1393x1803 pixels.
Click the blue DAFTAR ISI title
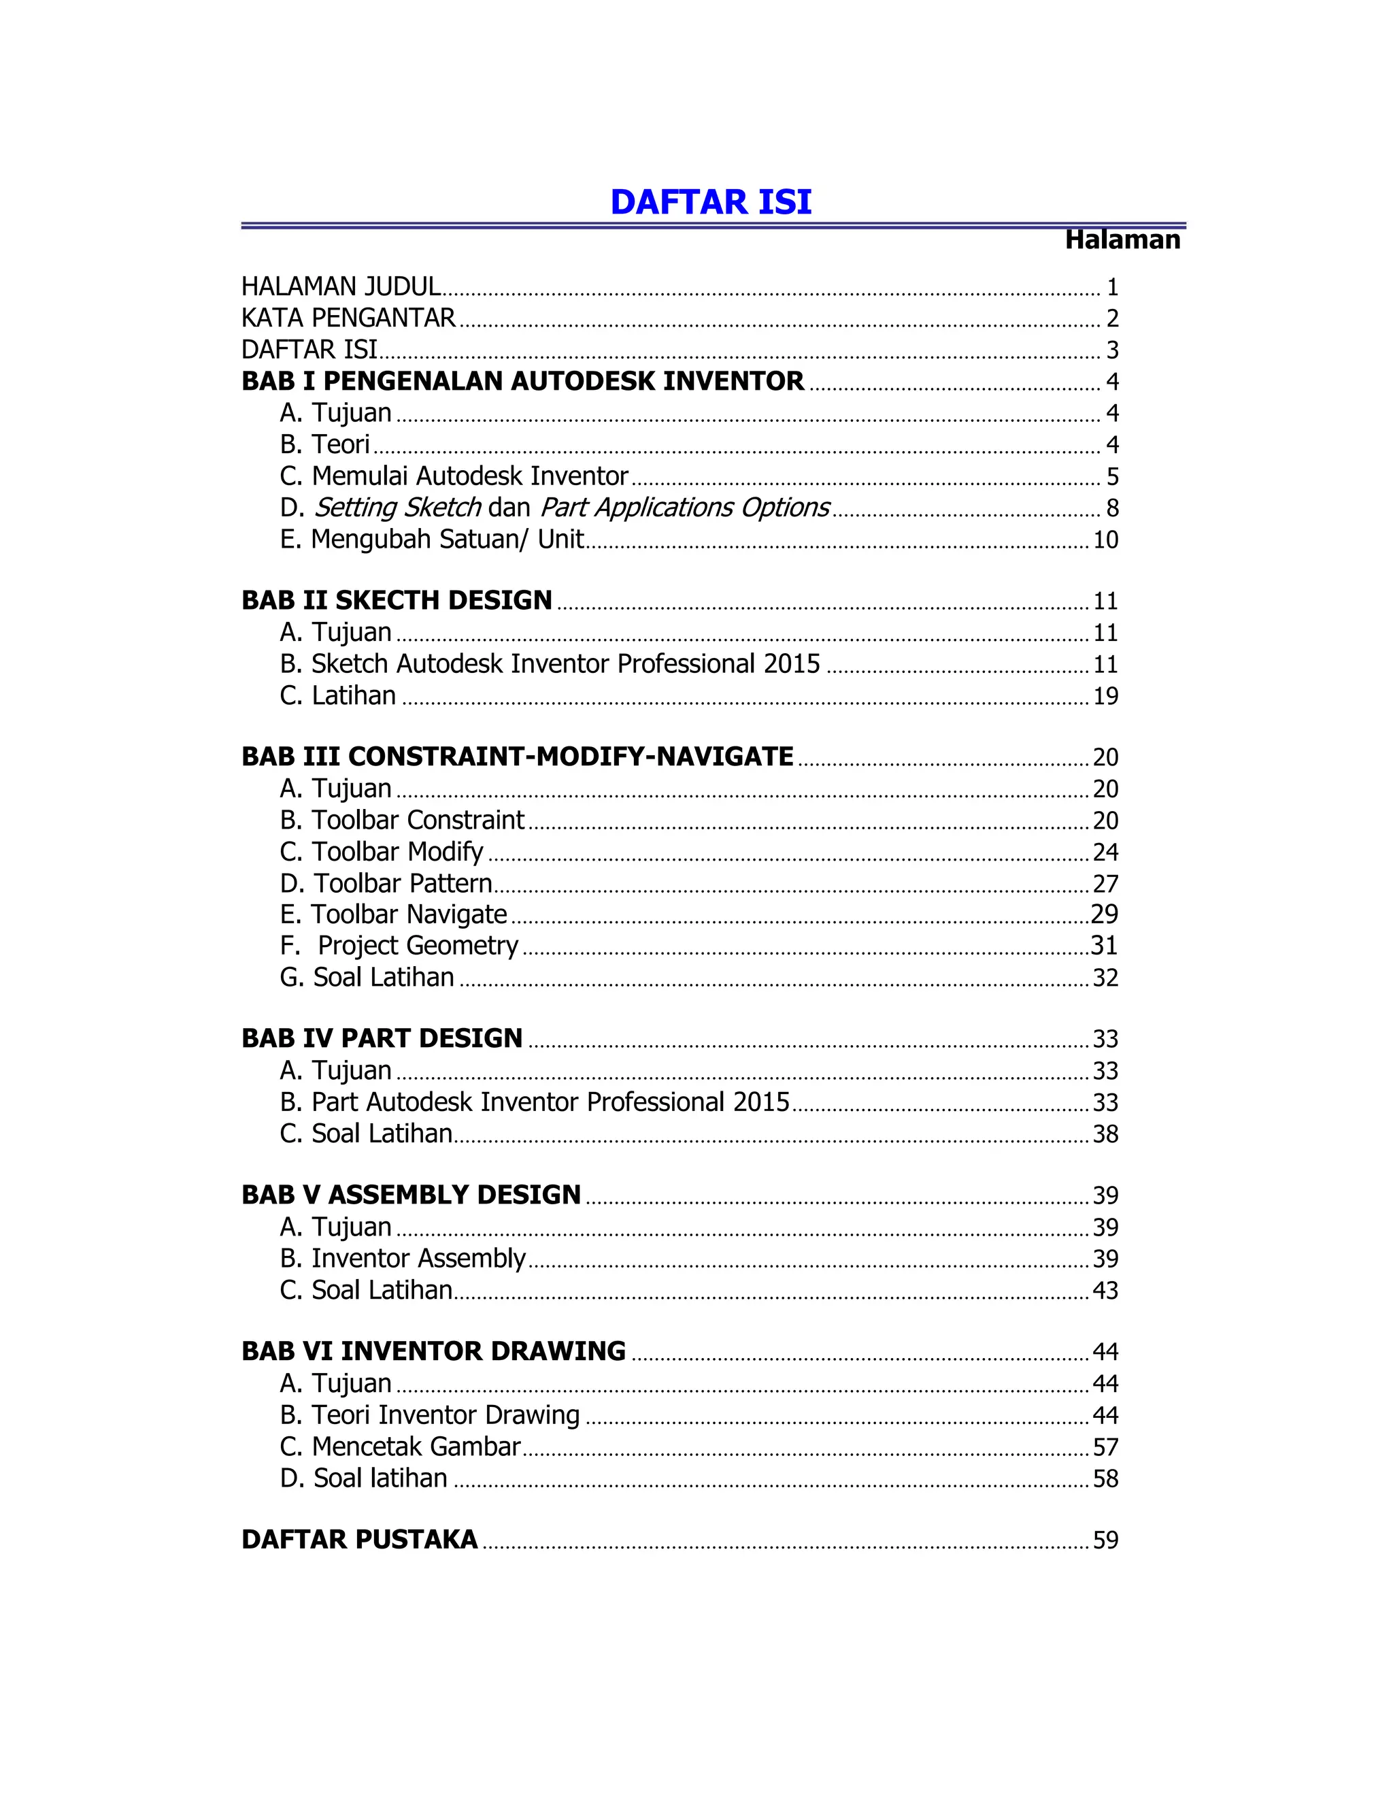[711, 202]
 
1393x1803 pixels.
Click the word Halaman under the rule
[1122, 239]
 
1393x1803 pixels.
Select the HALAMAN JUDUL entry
[340, 286]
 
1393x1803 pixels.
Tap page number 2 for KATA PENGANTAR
[1111, 318]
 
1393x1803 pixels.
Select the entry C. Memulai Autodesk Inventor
[454, 476]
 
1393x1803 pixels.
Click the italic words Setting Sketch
[398, 507]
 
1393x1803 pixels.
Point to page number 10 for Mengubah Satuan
[1105, 540]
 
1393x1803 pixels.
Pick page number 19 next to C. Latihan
[1105, 696]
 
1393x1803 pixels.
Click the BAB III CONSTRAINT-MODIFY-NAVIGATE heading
[517, 756]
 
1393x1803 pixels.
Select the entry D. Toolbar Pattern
[386, 883]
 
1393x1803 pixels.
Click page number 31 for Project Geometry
[1104, 945]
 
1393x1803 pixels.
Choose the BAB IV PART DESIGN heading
[382, 1038]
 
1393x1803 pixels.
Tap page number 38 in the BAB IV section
[1105, 1134]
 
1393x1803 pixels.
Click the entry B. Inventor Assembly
[402, 1258]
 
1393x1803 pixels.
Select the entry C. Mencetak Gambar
[399, 1446]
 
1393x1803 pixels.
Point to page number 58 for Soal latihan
[1105, 1478]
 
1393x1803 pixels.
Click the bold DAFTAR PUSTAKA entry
[359, 1540]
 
